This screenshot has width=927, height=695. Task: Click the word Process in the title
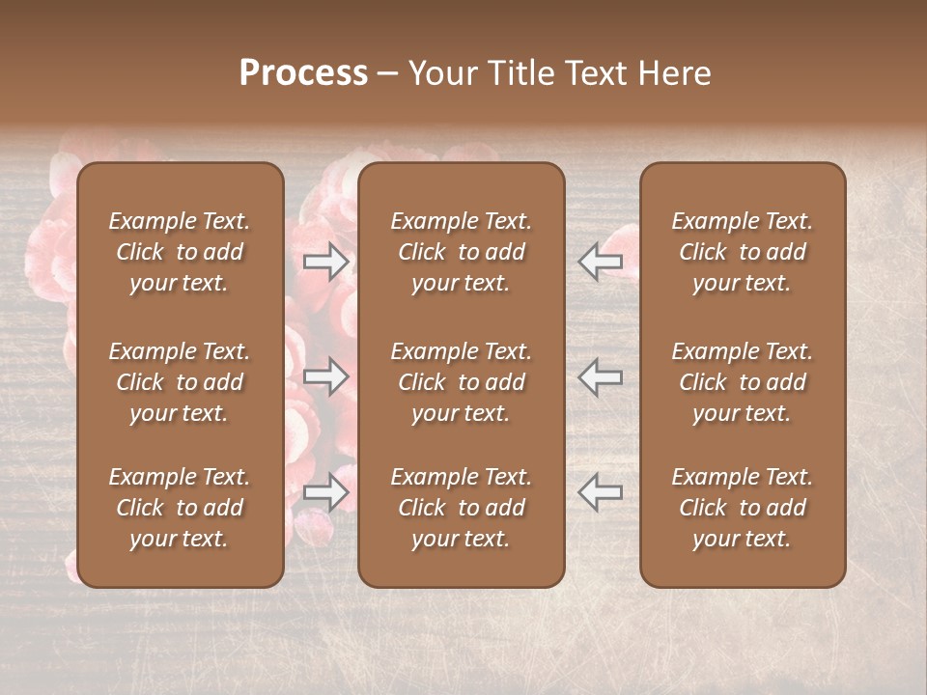pyautogui.click(x=303, y=73)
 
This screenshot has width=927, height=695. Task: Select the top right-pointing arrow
pyautogui.click(x=326, y=261)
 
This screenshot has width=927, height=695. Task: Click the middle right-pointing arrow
pyautogui.click(x=326, y=376)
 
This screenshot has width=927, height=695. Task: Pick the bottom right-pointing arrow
pyautogui.click(x=326, y=493)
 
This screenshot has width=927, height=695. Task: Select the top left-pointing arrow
pyautogui.click(x=600, y=261)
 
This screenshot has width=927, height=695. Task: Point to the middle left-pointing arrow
pyautogui.click(x=600, y=376)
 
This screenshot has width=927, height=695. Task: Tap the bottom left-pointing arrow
pyautogui.click(x=600, y=493)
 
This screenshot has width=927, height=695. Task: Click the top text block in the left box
pyautogui.click(x=180, y=252)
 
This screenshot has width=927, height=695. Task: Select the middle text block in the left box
pyautogui.click(x=180, y=382)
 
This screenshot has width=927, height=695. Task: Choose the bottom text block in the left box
pyautogui.click(x=180, y=508)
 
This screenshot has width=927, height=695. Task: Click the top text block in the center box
pyautogui.click(x=461, y=252)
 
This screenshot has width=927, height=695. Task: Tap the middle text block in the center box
pyautogui.click(x=461, y=382)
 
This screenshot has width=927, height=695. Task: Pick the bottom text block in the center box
pyautogui.click(x=461, y=508)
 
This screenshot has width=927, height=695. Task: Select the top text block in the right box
pyautogui.click(x=742, y=252)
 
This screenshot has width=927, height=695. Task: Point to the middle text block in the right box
pyautogui.click(x=742, y=382)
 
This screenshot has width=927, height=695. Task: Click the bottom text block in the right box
pyautogui.click(x=742, y=508)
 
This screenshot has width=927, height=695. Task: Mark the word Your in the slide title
pyautogui.click(x=439, y=73)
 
